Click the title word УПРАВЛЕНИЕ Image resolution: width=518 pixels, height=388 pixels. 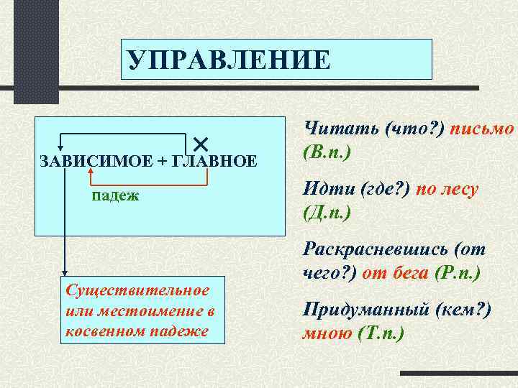pos(229,60)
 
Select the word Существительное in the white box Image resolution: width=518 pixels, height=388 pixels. pos(137,290)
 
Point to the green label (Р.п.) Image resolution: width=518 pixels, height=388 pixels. pos(458,274)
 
